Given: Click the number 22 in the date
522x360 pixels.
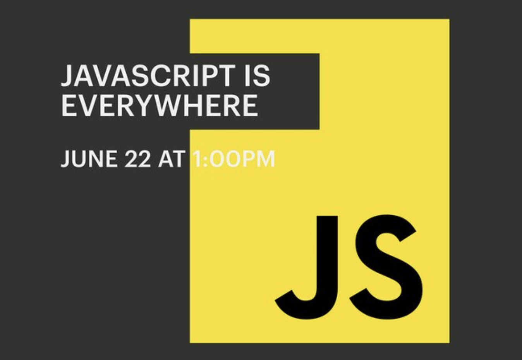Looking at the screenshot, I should point(138,159).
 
